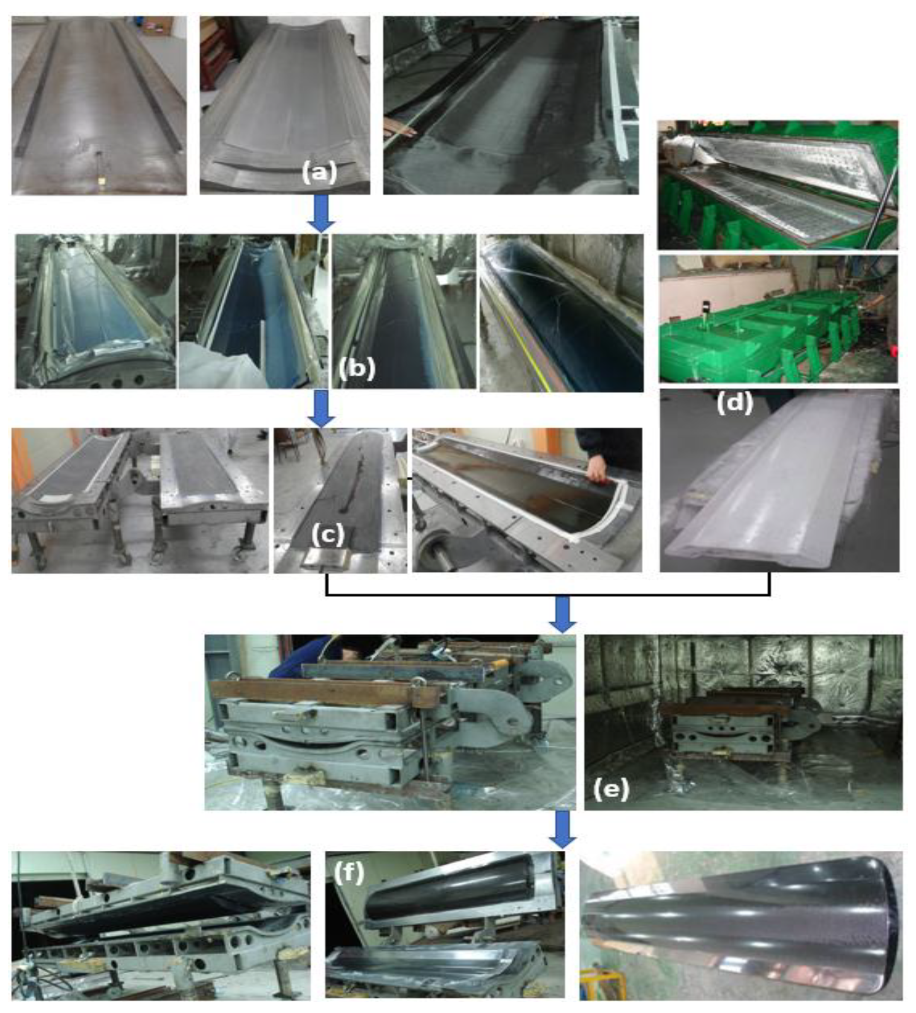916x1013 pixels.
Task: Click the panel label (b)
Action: (x=357, y=369)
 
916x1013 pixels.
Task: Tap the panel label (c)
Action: (x=328, y=536)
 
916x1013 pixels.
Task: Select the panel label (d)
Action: (x=734, y=403)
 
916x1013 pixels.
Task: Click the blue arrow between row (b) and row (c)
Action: (x=321, y=409)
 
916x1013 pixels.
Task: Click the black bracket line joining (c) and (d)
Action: (x=548, y=595)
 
